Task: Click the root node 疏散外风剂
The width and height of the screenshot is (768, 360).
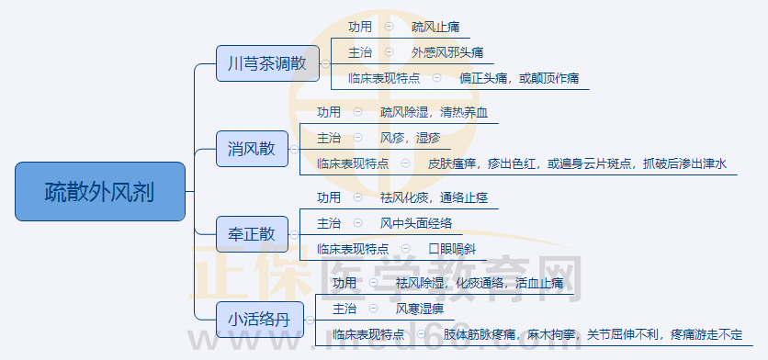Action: [100, 191]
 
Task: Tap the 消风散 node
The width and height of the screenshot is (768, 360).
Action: [251, 149]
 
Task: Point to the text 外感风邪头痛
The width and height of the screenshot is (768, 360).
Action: [447, 52]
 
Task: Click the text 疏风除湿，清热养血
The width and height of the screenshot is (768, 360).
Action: [435, 113]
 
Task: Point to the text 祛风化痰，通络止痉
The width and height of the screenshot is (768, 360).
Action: [434, 197]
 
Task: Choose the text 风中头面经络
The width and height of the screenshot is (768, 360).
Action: [416, 222]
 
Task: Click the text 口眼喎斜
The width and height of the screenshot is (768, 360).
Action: [452, 248]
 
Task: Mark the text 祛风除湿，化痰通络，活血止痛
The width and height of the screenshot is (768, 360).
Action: [480, 283]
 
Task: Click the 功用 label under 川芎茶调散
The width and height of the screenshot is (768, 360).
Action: [361, 28]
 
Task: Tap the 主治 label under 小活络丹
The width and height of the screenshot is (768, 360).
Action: [344, 308]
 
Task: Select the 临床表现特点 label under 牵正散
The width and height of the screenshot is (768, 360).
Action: [352, 248]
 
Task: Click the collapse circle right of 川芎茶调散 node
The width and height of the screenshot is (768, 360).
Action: [325, 64]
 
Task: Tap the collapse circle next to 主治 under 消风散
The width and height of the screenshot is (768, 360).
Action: [357, 138]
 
